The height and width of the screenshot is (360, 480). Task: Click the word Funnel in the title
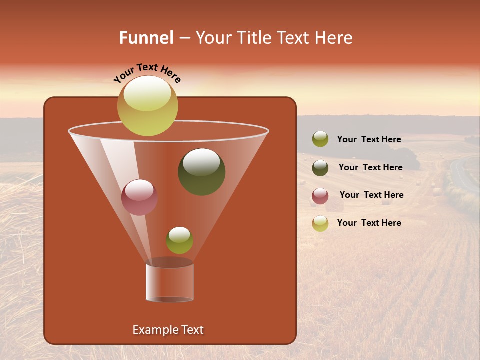point(146,38)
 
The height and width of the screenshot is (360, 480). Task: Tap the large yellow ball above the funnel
point(147,105)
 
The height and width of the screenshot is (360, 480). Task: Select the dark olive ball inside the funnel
point(201,172)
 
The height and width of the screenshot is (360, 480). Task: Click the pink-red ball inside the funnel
point(139,197)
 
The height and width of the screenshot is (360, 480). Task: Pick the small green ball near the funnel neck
point(179,240)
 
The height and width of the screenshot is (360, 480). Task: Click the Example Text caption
point(168,330)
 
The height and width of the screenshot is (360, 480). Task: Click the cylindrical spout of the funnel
point(170,282)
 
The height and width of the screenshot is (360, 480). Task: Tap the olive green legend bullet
point(320,139)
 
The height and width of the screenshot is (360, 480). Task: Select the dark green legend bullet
point(320,168)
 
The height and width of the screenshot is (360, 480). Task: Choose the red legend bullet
point(320,196)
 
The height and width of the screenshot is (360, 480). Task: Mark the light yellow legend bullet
point(320,223)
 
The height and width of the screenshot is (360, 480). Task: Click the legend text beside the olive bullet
point(369,139)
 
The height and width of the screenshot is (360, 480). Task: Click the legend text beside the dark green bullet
point(370,167)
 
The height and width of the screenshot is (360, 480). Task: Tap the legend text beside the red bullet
point(371,195)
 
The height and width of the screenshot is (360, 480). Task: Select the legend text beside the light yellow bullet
point(369,223)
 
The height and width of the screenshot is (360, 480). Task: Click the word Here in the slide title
point(334,38)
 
